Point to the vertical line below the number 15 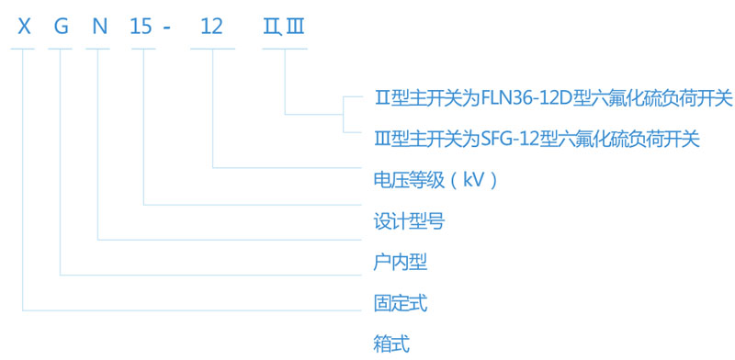(144, 129)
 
